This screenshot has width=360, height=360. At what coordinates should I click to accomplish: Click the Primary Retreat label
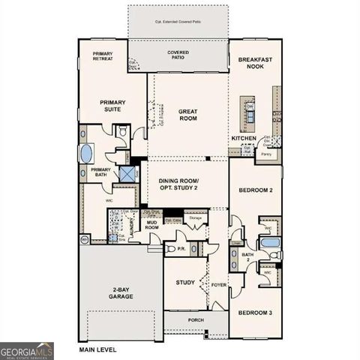click(x=103, y=56)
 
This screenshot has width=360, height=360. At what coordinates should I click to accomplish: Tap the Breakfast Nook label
click(x=255, y=63)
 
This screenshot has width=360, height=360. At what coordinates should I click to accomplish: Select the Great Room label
click(x=187, y=114)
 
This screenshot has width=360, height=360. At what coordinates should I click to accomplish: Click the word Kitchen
click(x=244, y=139)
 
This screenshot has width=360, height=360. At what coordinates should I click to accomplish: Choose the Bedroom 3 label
click(x=254, y=312)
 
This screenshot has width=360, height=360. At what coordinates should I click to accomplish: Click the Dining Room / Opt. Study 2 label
click(x=187, y=184)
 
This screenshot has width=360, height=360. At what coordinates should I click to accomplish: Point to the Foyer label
click(x=217, y=284)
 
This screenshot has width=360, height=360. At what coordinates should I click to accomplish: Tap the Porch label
click(x=196, y=320)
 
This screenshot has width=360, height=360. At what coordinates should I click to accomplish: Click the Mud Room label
click(x=152, y=224)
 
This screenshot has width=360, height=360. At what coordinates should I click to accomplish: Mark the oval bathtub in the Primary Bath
click(x=85, y=154)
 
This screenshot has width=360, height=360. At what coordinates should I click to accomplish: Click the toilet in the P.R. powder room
click(x=171, y=248)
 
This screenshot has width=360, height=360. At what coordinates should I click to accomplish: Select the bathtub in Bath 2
click(x=269, y=244)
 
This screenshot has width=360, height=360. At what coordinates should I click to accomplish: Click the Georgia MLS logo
click(x=27, y=350)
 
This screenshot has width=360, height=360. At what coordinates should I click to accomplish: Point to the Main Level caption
click(x=98, y=349)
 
